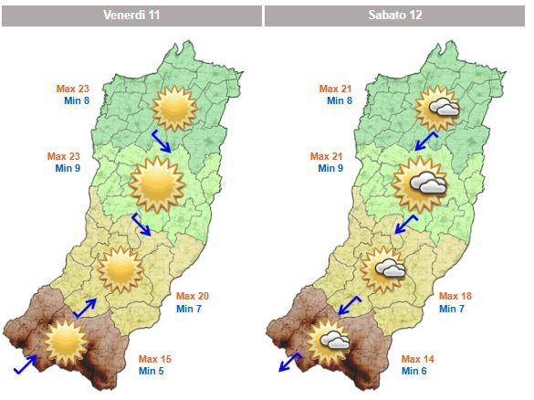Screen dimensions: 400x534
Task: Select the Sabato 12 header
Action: coord(394,16)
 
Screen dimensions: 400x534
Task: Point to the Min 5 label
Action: coord(152,371)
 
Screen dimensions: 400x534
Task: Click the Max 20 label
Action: coord(193,296)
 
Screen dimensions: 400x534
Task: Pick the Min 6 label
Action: coord(415,371)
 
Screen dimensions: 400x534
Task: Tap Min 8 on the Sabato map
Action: coord(340,101)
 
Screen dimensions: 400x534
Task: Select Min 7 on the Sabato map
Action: coord(453,309)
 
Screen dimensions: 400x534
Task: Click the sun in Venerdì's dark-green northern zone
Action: coord(173,108)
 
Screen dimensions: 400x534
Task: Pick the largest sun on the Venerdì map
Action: coord(158,183)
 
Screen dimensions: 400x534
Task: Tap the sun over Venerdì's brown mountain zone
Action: coord(66,340)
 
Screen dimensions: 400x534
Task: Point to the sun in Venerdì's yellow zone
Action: coord(120,268)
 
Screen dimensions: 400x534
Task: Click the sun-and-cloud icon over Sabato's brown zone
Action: coord(329,341)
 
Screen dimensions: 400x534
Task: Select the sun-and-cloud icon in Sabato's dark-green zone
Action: coord(437,108)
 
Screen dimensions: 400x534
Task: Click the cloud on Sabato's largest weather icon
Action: coord(428,185)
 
